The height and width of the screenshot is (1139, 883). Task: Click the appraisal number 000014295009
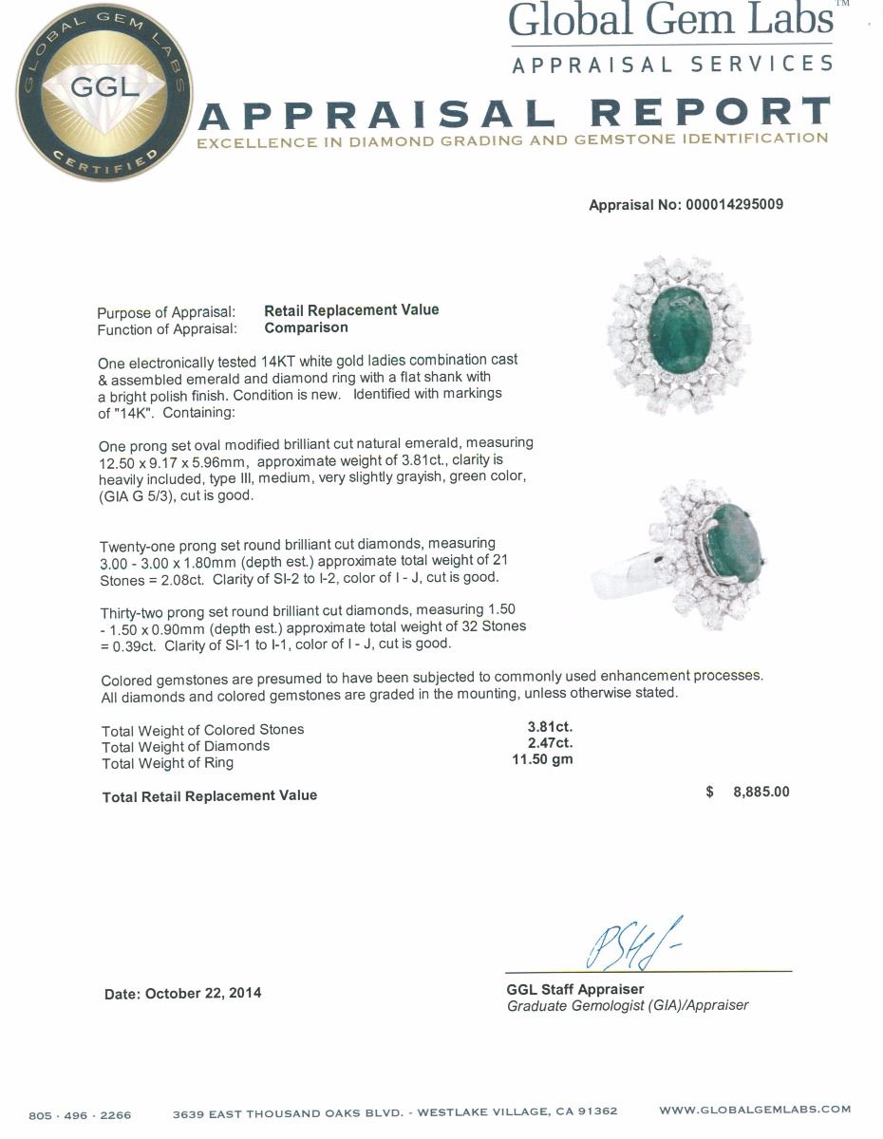[x=734, y=204]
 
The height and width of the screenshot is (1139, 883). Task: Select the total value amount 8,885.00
[x=761, y=792]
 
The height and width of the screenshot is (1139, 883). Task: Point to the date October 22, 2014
[x=182, y=994]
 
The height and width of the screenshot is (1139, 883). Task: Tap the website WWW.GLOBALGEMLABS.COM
[x=755, y=1110]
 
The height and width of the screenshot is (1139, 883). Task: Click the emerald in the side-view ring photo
[x=733, y=543]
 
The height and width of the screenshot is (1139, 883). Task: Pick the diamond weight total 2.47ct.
[x=550, y=744]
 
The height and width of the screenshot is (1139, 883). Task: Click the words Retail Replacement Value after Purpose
[x=351, y=310]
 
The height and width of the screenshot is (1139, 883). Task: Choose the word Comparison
[x=306, y=327]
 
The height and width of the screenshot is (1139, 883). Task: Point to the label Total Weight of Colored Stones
[x=202, y=730]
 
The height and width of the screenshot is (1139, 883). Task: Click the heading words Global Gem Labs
[x=670, y=20]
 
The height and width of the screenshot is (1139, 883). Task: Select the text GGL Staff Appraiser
[x=575, y=989]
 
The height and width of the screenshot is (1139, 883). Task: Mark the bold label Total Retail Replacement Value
[x=209, y=795]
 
